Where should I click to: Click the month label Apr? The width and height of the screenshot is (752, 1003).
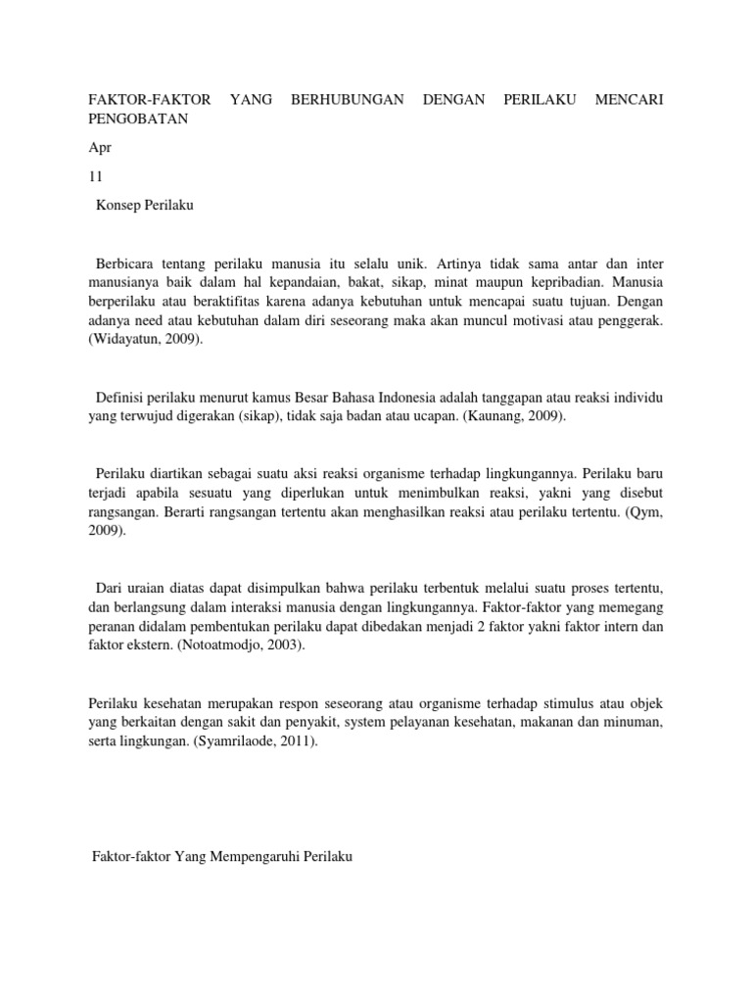[x=99, y=149]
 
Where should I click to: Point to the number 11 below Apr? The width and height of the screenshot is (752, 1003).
[x=96, y=177]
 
